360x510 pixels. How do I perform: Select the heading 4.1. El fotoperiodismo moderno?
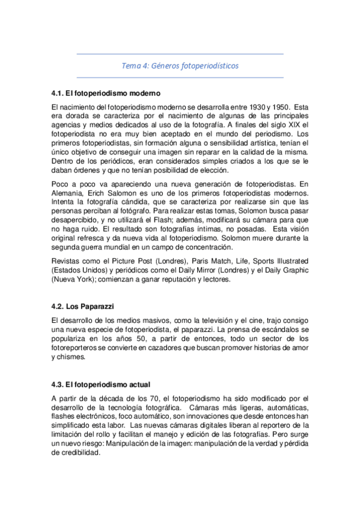pos(106,94)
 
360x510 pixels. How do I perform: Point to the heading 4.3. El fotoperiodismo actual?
pos(101,384)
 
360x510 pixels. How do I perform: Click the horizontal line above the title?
pos(180,54)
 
